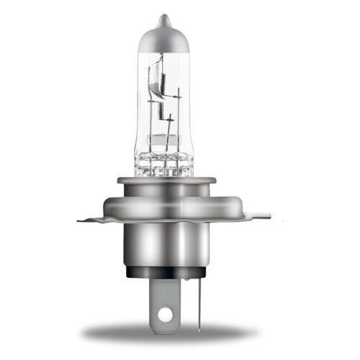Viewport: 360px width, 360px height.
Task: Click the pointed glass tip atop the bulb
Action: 165,19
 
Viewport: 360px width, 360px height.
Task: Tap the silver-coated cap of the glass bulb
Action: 165,40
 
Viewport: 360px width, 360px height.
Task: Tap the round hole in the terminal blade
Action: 166,315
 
